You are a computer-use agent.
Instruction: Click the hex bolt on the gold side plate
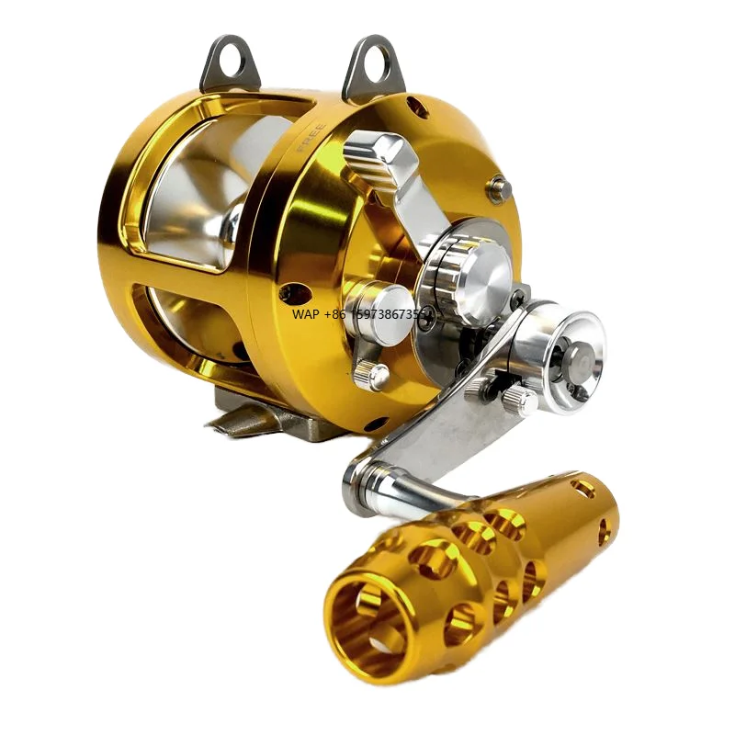click(499, 188)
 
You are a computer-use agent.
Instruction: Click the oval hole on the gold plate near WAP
click(294, 295)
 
